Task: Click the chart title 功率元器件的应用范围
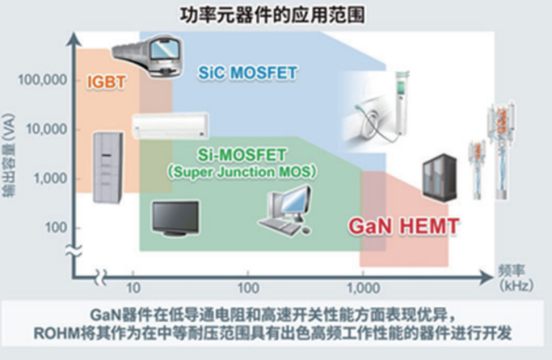click(272, 15)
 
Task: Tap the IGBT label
click(106, 82)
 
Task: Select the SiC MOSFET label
click(248, 73)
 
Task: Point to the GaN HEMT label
click(404, 226)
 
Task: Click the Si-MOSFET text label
click(241, 155)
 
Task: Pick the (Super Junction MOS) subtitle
click(241, 172)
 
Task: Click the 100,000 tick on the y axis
click(42, 80)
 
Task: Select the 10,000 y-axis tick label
click(46, 129)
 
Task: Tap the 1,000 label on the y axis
click(50, 179)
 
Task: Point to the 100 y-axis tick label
click(57, 228)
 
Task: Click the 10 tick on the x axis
click(133, 288)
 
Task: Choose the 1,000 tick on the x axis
click(364, 288)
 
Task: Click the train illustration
click(148, 56)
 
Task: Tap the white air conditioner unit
click(170, 126)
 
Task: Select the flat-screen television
click(175, 218)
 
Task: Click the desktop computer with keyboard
click(286, 210)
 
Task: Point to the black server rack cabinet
click(440, 179)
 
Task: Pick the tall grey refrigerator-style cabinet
click(108, 168)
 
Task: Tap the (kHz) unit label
click(516, 286)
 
